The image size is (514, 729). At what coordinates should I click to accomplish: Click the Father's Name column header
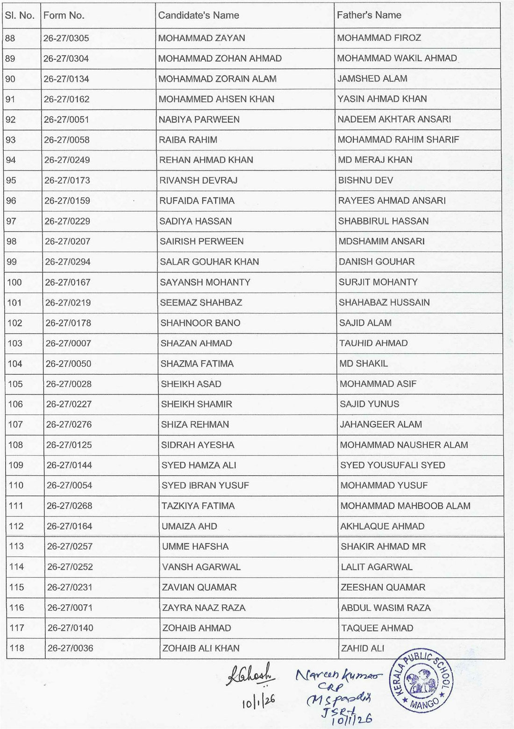click(x=369, y=15)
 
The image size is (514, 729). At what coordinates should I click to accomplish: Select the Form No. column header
click(x=64, y=15)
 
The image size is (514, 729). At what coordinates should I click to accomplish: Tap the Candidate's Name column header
click(x=198, y=15)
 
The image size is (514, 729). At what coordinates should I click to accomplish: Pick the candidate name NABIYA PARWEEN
click(x=199, y=120)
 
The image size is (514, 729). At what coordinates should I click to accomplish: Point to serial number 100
click(x=14, y=282)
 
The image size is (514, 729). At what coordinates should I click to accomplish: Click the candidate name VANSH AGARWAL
click(x=201, y=567)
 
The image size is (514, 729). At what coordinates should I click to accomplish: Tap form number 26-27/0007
click(x=68, y=343)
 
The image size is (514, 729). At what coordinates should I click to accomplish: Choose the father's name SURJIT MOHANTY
click(x=378, y=282)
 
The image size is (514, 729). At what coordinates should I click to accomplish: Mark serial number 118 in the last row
click(x=17, y=649)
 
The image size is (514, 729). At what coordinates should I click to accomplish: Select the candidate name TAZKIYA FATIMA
click(x=198, y=506)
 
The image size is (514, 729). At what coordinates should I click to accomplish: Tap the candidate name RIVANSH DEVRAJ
click(x=195, y=180)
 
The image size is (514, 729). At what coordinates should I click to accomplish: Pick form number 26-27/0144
click(x=69, y=465)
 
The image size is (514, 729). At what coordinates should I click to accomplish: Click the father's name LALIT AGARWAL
click(x=377, y=567)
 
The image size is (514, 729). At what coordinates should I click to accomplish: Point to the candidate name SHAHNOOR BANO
click(x=200, y=323)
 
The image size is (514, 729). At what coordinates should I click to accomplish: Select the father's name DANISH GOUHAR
click(x=377, y=262)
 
